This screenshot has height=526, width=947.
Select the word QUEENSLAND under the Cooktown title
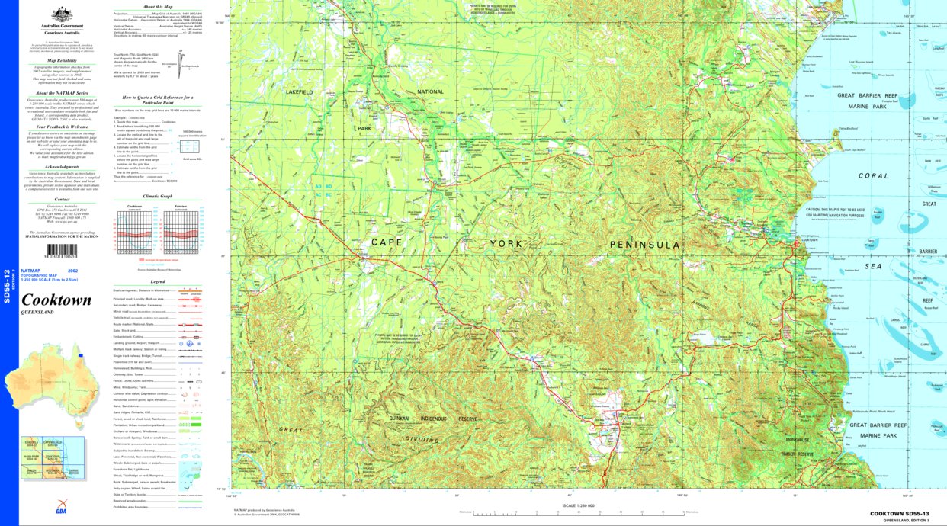(x=37, y=313)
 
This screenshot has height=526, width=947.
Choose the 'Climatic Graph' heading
(x=157, y=196)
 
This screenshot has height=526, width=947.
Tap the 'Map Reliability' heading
(x=62, y=59)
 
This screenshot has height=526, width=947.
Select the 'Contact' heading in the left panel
(x=62, y=200)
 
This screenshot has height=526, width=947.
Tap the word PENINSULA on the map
(x=644, y=245)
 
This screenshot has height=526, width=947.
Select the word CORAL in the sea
(x=873, y=175)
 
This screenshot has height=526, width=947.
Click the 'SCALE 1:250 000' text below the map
(x=577, y=505)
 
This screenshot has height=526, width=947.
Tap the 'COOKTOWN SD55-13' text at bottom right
(x=899, y=514)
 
